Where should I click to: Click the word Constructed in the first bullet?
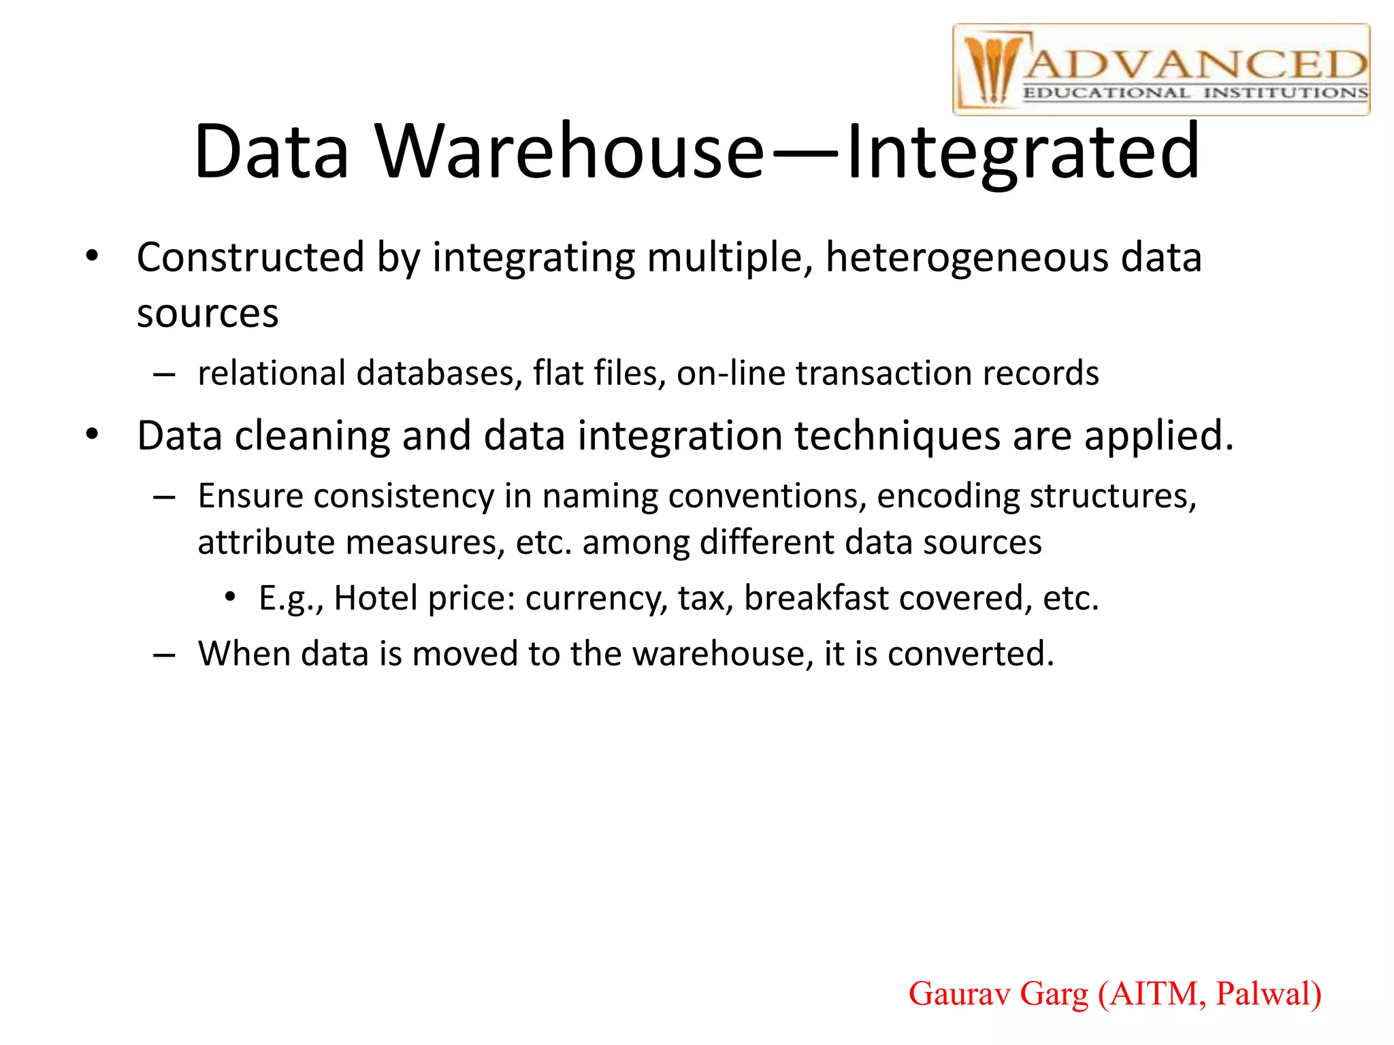pos(250,258)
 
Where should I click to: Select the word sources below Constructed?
pos(208,314)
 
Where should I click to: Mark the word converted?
pos(971,654)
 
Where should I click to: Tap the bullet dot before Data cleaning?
pos(93,434)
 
